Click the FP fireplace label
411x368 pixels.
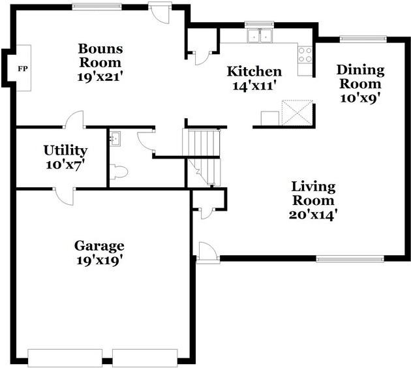tap(23, 69)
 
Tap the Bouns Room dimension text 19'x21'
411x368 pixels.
tap(100, 77)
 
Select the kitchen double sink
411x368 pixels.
tap(260, 35)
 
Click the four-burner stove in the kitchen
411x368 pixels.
tap(305, 55)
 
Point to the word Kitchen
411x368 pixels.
tap(254, 71)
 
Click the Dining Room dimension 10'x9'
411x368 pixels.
tap(360, 98)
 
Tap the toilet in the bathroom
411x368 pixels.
tap(119, 172)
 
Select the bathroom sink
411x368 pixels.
tap(115, 139)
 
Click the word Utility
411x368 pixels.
tap(65, 151)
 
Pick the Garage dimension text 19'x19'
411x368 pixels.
tap(100, 260)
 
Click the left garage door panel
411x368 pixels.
tap(65, 358)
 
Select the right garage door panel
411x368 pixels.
tap(145, 358)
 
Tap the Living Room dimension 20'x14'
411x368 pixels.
tap(313, 215)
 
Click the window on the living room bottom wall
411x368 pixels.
tap(350, 259)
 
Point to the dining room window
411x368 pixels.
tap(363, 38)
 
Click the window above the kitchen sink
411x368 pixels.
tap(259, 24)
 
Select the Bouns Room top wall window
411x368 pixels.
tap(97, 7)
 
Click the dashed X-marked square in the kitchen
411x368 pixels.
tap(297, 112)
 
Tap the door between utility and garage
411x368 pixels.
tap(64, 196)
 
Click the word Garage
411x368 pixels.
tap(99, 247)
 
